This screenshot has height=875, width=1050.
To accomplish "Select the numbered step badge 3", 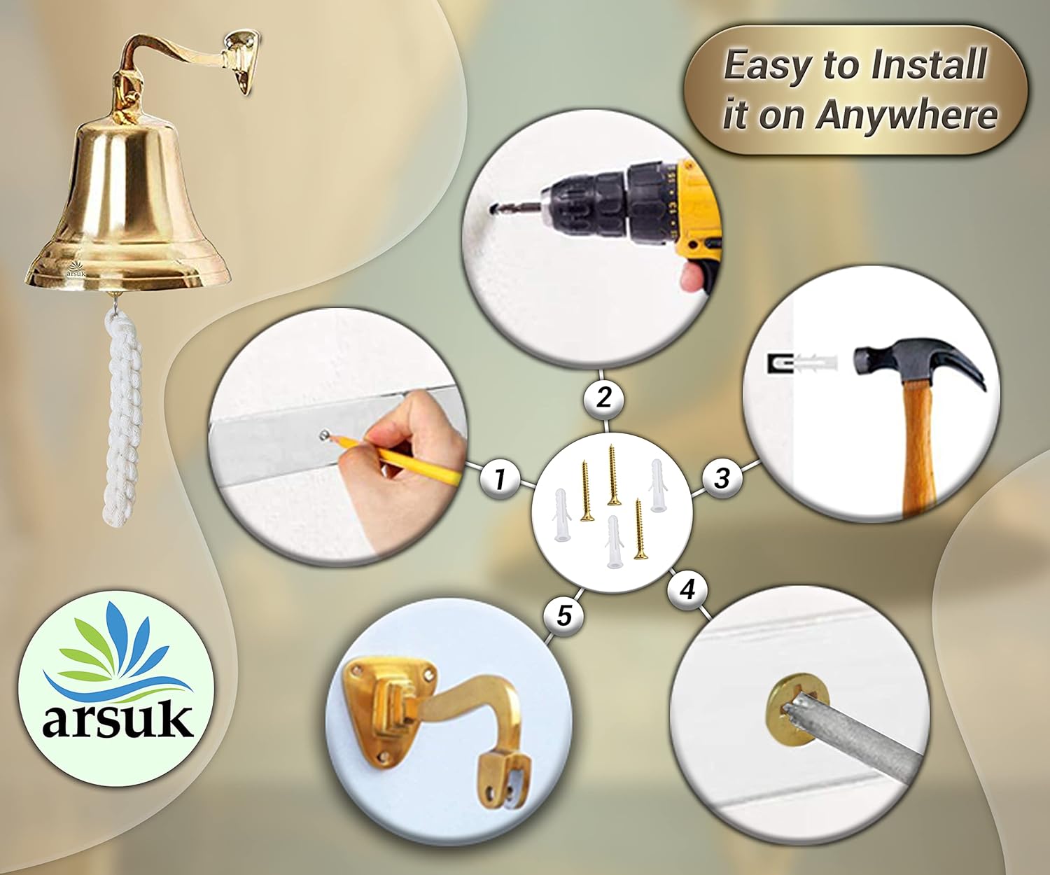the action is [x=722, y=477].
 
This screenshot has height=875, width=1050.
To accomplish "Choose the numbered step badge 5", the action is [x=563, y=615].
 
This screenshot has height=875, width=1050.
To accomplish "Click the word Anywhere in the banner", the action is [x=906, y=115].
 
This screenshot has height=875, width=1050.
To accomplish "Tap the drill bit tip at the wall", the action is [x=495, y=208].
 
